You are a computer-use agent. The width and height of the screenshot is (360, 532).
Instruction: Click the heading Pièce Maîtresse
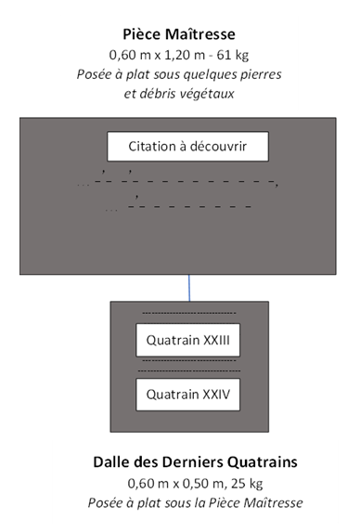[179, 34]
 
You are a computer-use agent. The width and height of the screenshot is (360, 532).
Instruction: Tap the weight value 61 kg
[233, 56]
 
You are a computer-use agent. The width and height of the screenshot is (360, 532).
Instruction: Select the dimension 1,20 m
[185, 55]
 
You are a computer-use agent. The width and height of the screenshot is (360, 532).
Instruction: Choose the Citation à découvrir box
[187, 147]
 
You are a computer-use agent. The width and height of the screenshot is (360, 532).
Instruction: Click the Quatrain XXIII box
[187, 340]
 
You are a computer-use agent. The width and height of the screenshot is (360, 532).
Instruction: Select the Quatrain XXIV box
[187, 395]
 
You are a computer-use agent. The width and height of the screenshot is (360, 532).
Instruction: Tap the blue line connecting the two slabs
[189, 288]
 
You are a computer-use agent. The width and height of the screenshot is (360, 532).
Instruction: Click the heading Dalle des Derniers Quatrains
[195, 462]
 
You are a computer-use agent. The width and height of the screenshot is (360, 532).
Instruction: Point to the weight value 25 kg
[247, 484]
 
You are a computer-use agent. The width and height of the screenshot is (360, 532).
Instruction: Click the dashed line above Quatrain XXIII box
[188, 313]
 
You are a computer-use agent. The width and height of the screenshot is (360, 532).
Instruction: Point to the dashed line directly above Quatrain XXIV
[188, 371]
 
